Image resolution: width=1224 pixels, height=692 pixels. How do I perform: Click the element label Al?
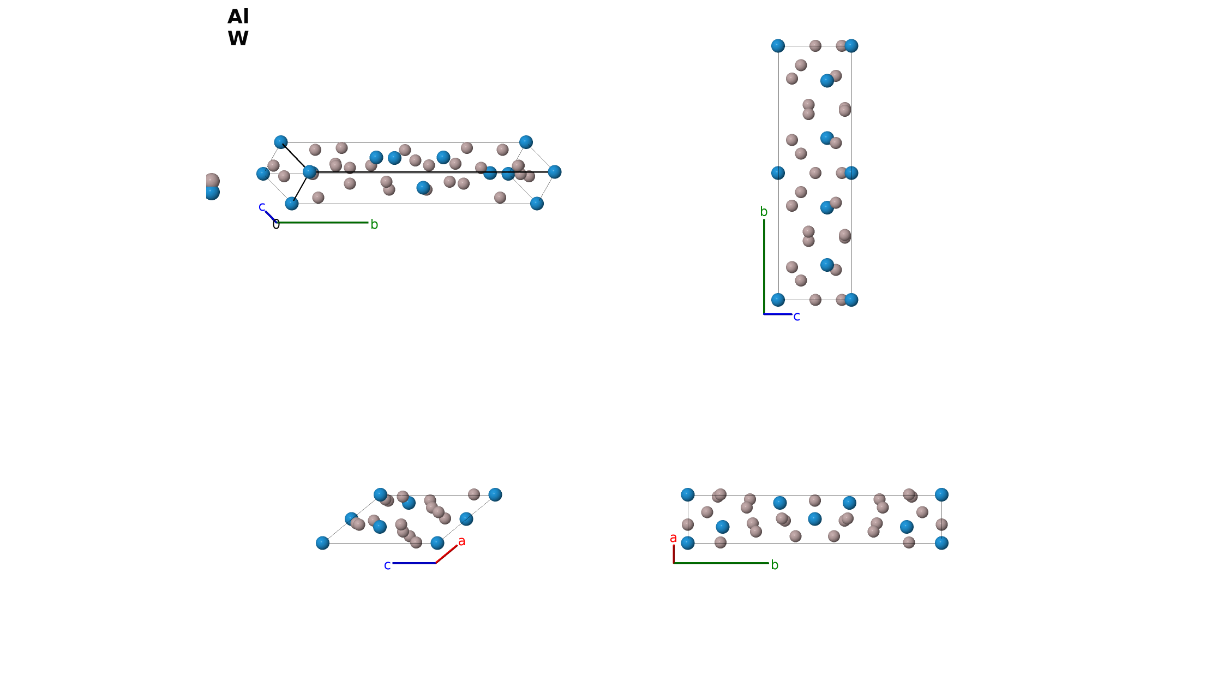point(238,17)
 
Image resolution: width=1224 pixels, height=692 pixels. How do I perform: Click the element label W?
point(238,39)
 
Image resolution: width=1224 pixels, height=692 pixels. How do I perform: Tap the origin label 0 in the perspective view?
point(276,224)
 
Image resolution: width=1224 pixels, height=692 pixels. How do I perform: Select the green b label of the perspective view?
point(374,224)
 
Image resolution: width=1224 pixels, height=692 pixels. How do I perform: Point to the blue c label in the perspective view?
point(262,207)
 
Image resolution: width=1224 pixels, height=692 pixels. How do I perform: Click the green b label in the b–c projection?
point(764,212)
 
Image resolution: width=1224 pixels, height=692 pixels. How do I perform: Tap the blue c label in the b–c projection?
point(797,317)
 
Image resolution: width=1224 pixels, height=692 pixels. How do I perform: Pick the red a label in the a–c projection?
point(462,541)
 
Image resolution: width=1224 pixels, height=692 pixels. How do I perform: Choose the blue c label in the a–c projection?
point(387,565)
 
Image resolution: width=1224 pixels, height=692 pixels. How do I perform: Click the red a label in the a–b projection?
point(674,538)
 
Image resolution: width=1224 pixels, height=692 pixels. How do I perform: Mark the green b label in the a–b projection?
point(775,565)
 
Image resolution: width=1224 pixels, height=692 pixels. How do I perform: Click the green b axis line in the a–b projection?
point(721,563)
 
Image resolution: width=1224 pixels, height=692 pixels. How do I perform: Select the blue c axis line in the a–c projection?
point(414,563)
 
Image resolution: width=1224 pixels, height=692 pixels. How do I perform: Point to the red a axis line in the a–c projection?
point(447,554)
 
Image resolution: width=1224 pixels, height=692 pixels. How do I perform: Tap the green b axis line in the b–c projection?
point(764,267)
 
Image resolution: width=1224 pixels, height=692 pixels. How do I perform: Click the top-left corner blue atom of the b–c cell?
point(778,46)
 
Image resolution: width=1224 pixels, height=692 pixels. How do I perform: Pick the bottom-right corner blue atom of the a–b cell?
point(941,543)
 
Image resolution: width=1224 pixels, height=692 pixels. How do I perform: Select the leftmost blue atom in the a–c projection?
point(322,543)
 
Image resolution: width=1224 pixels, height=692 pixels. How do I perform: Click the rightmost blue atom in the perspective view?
point(555,172)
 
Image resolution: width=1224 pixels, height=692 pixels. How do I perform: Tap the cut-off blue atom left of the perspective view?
point(212,193)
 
